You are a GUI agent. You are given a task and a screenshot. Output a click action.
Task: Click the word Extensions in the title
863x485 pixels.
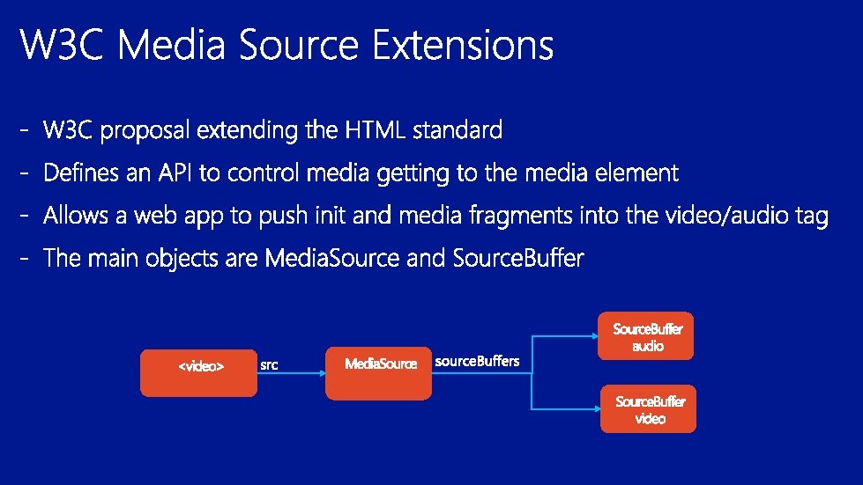pos(463,44)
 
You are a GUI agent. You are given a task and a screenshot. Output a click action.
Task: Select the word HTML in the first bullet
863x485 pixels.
pos(376,130)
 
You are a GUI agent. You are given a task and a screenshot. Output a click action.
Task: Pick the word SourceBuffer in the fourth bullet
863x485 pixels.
pos(518,258)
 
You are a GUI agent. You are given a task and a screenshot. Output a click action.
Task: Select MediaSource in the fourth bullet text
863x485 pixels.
pos(331,258)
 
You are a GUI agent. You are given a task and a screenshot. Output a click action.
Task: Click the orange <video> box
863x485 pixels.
pos(198,373)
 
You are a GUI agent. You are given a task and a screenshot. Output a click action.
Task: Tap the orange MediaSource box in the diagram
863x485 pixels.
pos(379,373)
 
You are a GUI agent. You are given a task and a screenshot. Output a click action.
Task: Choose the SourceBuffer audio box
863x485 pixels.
pos(645,336)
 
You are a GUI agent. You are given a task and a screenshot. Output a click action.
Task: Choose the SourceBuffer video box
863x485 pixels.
pos(648,408)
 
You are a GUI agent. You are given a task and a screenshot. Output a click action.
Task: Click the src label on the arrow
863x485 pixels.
pos(269,364)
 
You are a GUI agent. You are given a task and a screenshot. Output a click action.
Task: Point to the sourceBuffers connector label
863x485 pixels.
pos(477,362)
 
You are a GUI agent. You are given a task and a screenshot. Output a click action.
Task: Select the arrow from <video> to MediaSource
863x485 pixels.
pos(292,373)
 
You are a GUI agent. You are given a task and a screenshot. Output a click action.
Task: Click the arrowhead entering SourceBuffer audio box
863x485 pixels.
pos(594,336)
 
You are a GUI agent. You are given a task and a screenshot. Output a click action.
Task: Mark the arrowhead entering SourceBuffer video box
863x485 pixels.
pos(597,408)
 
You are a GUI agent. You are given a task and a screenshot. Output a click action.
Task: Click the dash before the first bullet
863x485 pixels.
pos(24,131)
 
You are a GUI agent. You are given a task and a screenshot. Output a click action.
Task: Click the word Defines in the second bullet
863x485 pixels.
pos(81,173)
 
